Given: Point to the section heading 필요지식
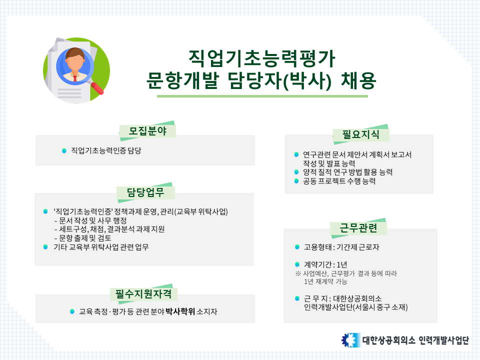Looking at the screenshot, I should click(x=360, y=134).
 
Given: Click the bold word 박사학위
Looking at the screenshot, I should click(x=180, y=311).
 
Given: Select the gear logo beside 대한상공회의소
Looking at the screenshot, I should click(x=350, y=340).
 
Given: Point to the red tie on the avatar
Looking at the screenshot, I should click(x=75, y=77).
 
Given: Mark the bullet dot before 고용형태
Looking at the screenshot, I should click(x=297, y=247).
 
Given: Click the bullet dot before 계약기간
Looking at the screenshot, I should click(x=297, y=263).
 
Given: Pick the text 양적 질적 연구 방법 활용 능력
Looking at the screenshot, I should click(x=347, y=172).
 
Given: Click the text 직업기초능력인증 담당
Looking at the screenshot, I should click(x=105, y=150).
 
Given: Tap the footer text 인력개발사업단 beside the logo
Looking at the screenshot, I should click(x=444, y=340).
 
